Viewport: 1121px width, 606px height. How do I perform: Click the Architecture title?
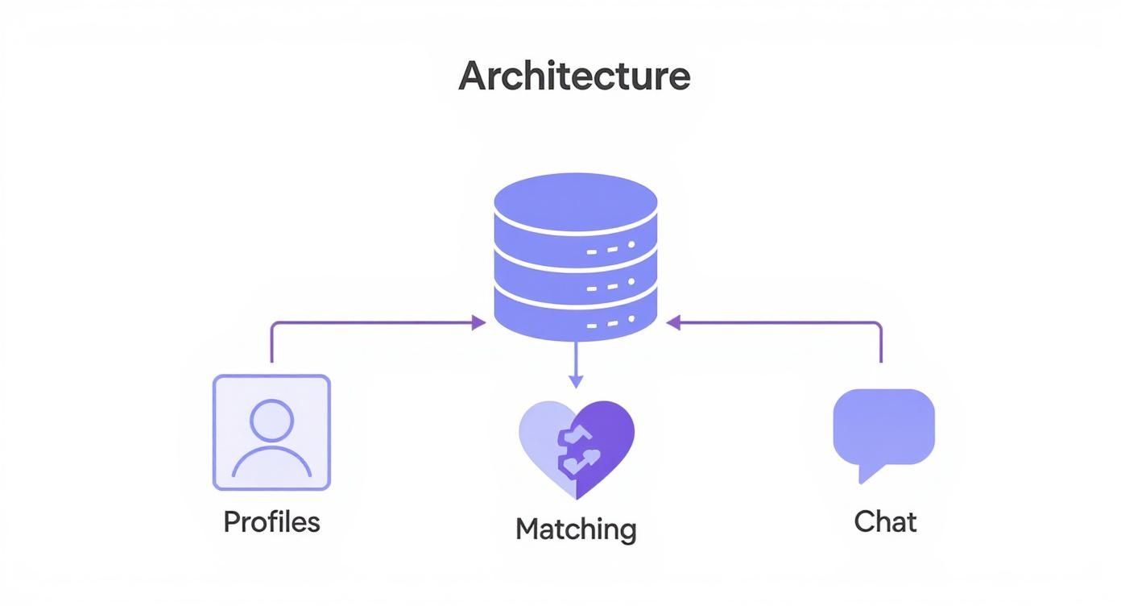pos(574,77)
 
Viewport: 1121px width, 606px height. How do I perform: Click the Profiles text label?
pos(271,521)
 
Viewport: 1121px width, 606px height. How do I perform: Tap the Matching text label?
pos(576,529)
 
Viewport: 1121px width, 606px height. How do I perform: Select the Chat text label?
pos(885,521)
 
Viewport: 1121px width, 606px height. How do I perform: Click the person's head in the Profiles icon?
pos(271,420)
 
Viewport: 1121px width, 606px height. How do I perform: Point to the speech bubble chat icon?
pos(883,427)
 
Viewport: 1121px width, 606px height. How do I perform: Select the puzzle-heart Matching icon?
pos(576,448)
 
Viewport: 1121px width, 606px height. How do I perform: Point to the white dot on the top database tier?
pos(631,244)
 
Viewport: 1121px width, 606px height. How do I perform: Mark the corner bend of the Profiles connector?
pos(272,325)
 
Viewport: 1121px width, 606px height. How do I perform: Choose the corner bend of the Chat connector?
pos(880,325)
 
